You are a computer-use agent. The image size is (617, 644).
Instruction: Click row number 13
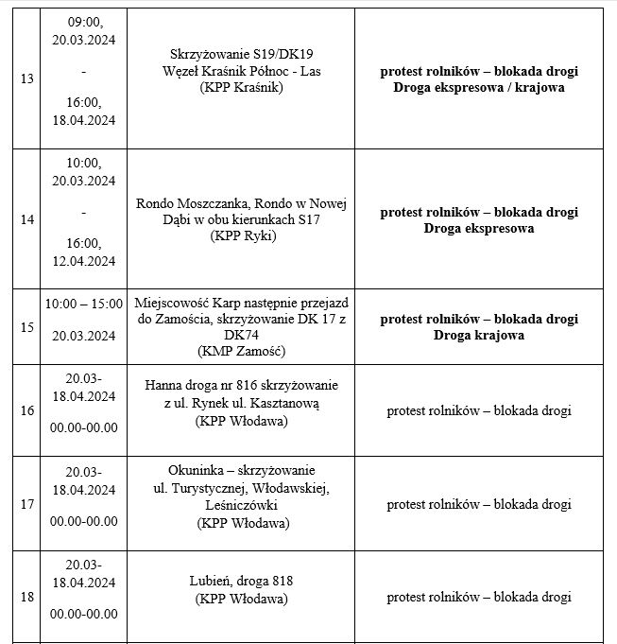[26, 78]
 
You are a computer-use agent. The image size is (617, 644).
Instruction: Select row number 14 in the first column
[26, 219]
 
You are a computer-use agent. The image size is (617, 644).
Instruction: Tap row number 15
[26, 327]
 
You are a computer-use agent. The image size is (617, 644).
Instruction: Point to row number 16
[26, 410]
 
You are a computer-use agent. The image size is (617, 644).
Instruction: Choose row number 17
[26, 504]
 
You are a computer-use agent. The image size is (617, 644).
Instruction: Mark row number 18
[26, 597]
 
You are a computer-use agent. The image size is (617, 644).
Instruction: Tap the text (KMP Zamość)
[243, 352]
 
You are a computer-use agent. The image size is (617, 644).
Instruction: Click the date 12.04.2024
[84, 261]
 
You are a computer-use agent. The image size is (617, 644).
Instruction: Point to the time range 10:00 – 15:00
[84, 304]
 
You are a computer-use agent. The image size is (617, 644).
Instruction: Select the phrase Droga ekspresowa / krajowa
[479, 88]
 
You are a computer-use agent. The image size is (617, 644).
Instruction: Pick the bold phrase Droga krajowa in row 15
[479, 335]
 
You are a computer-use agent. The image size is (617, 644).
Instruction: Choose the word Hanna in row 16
[163, 386]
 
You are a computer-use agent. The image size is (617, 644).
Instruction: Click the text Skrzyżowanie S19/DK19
[243, 54]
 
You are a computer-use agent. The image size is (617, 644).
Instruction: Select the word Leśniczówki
[243, 506]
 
